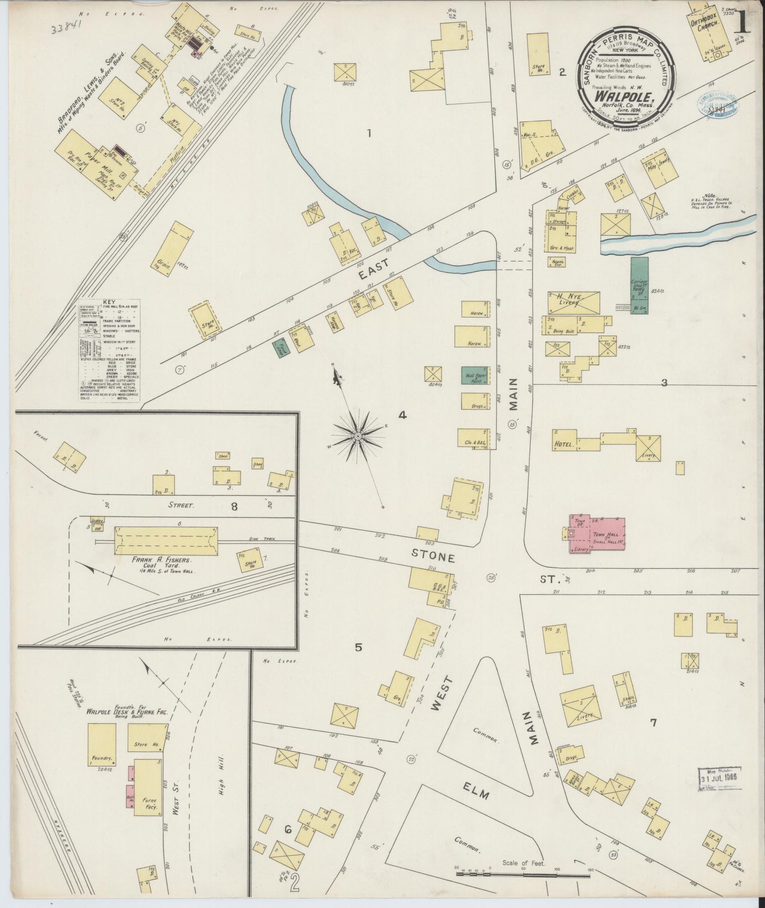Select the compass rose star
point(358,436)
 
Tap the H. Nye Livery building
point(573,301)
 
